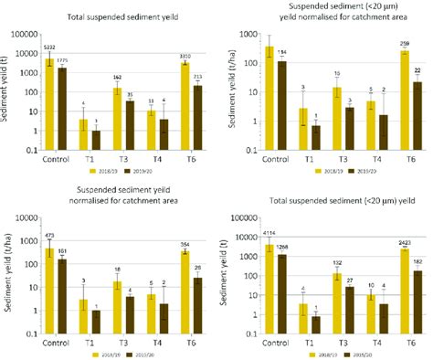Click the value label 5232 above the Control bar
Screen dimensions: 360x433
pyautogui.click(x=50, y=48)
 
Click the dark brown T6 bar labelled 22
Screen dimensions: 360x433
pyautogui.click(x=417, y=109)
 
